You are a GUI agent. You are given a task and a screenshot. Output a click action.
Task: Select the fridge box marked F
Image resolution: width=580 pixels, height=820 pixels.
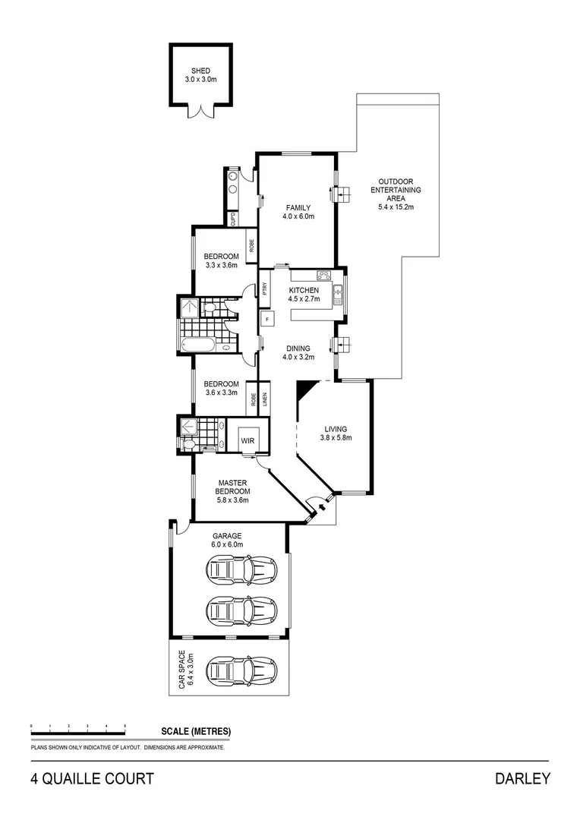point(266,320)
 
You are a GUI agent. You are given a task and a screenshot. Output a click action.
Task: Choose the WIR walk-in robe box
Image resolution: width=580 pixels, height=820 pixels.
point(247,439)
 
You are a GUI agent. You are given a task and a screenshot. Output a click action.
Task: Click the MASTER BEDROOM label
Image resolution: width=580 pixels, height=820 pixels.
point(234,490)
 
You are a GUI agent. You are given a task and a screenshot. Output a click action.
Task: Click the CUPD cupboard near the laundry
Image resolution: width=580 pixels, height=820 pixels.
point(233,219)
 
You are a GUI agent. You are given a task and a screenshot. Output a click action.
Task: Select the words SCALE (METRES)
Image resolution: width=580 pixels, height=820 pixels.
point(196,732)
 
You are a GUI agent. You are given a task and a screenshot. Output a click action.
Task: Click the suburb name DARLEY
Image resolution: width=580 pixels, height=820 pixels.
point(522,778)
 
